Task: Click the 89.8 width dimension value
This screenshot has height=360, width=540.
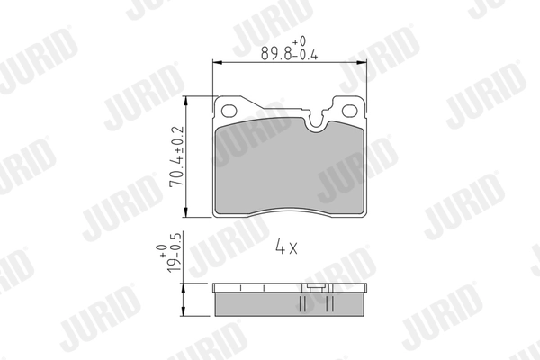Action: pyautogui.click(x=276, y=54)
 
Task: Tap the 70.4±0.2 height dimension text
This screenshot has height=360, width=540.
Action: pyautogui.click(x=177, y=157)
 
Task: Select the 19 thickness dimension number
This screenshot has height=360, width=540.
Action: pyautogui.click(x=174, y=264)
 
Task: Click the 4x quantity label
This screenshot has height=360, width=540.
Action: pyautogui.click(x=286, y=247)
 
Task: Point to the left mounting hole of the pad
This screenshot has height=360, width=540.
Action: pyautogui.click(x=229, y=111)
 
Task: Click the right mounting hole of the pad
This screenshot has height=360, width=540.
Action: pyautogui.click(x=349, y=111)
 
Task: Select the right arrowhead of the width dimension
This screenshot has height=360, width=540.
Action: pyautogui.click(x=362, y=63)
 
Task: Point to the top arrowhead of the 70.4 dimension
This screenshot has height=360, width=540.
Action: pyautogui.click(x=186, y=102)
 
